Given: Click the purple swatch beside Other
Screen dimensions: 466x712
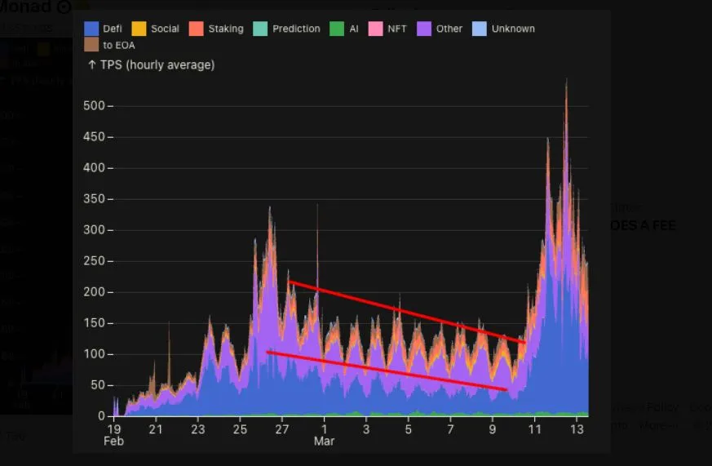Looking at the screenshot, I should pos(424,29).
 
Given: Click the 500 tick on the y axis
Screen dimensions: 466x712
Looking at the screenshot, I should pos(94,106).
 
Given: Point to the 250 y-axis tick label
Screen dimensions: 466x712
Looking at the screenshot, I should pos(94,261).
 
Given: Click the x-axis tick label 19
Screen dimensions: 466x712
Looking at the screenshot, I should pos(113,428).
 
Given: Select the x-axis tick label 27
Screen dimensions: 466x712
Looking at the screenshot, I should pos(282,428).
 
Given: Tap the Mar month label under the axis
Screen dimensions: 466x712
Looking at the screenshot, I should pos(325,441).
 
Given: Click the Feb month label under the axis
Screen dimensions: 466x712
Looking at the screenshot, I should pos(113,441).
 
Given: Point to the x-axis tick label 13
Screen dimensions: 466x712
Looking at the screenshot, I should pos(577,428).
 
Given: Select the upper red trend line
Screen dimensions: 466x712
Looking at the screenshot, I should pos(408,312).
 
